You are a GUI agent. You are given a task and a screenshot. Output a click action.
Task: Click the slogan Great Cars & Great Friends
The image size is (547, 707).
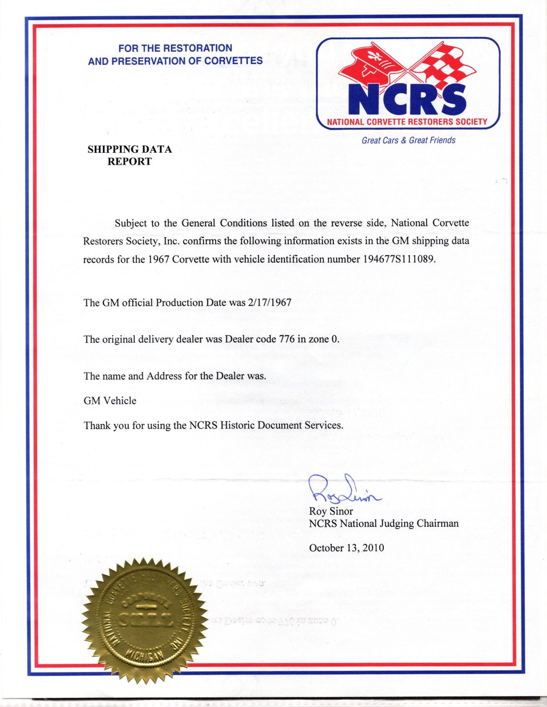(x=408, y=140)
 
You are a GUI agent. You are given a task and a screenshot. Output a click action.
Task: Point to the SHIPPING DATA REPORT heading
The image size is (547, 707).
(x=130, y=155)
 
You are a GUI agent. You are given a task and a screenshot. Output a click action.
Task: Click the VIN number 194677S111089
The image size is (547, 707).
(x=399, y=259)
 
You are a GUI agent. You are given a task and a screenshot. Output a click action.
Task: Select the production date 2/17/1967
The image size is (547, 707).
(x=270, y=302)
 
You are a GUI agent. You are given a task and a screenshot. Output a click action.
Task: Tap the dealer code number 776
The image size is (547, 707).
(x=287, y=339)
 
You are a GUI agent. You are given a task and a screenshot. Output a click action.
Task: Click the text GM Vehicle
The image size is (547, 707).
(x=110, y=401)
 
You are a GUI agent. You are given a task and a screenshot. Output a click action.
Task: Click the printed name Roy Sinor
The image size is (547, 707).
(x=331, y=511)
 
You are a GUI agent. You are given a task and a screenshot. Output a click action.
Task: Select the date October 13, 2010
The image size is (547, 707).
(x=346, y=548)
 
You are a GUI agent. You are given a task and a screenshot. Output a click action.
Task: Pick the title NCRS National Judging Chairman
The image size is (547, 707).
(x=383, y=523)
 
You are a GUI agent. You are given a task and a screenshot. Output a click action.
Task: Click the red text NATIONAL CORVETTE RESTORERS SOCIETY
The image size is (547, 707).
(x=407, y=121)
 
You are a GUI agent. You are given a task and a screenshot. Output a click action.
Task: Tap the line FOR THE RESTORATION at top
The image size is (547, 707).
(x=175, y=48)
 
